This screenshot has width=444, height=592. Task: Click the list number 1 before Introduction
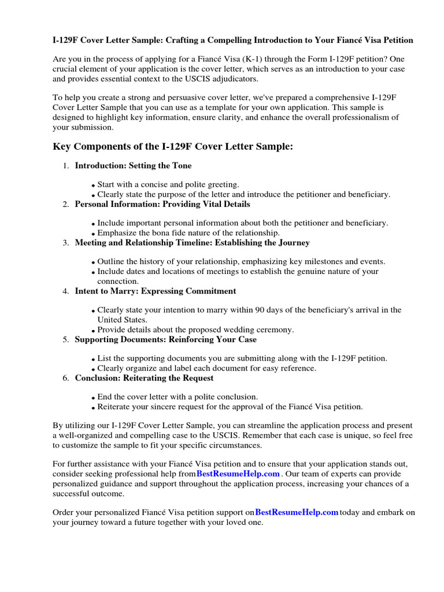65,166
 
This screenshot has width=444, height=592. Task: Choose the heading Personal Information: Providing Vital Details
162,204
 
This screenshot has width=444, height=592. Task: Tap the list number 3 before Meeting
65,243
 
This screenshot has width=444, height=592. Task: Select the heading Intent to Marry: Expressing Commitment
156,291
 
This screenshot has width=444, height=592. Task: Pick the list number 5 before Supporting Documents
65,339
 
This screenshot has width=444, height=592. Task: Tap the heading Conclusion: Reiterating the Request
144,378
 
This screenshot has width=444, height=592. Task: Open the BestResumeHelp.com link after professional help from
238,473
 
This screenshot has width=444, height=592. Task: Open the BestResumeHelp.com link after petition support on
297,512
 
